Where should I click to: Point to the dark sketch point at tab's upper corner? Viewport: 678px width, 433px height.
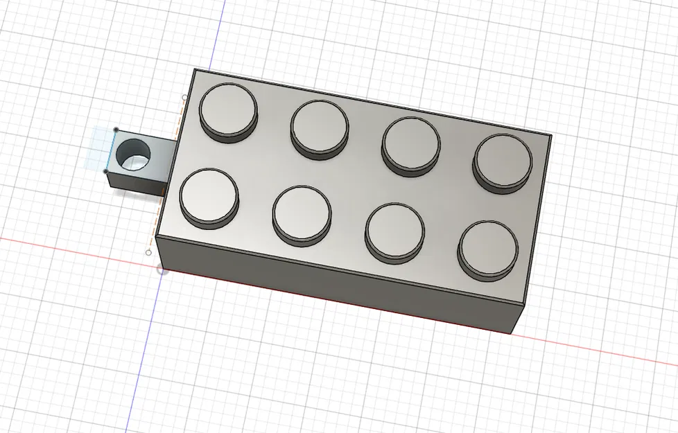coord(116,130)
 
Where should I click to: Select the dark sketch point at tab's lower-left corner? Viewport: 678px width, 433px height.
coord(106,171)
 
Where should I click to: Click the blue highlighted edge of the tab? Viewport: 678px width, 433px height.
coord(111,150)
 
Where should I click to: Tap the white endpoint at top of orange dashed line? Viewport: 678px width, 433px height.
coord(184,98)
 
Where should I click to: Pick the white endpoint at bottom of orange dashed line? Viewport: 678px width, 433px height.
coord(148,253)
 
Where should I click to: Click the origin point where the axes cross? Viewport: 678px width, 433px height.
coord(162,269)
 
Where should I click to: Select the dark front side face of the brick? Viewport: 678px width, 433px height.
coord(333,277)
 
